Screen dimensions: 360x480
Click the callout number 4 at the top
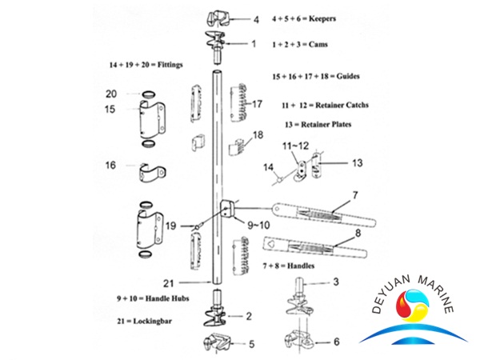pyautogui.click(x=256, y=18)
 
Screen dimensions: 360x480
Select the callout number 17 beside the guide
pyautogui.click(x=257, y=104)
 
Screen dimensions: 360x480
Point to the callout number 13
pyautogui.click(x=356, y=162)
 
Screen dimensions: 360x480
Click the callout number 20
pyautogui.click(x=111, y=94)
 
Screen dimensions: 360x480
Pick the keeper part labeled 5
pyautogui.click(x=218, y=344)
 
